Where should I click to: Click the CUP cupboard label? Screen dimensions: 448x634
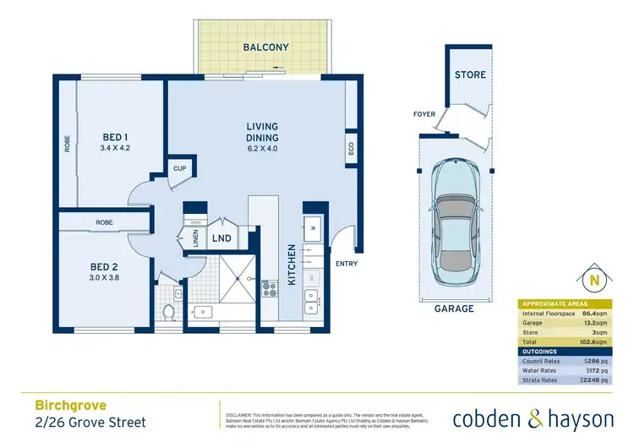[x=179, y=168]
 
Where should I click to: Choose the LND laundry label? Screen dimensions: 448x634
[x=221, y=239]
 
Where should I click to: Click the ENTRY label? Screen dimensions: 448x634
[x=346, y=264]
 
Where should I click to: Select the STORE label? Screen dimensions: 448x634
[x=470, y=74]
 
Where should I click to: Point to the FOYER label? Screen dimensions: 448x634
[x=424, y=114]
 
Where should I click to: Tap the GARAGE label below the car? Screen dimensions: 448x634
[x=455, y=309]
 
